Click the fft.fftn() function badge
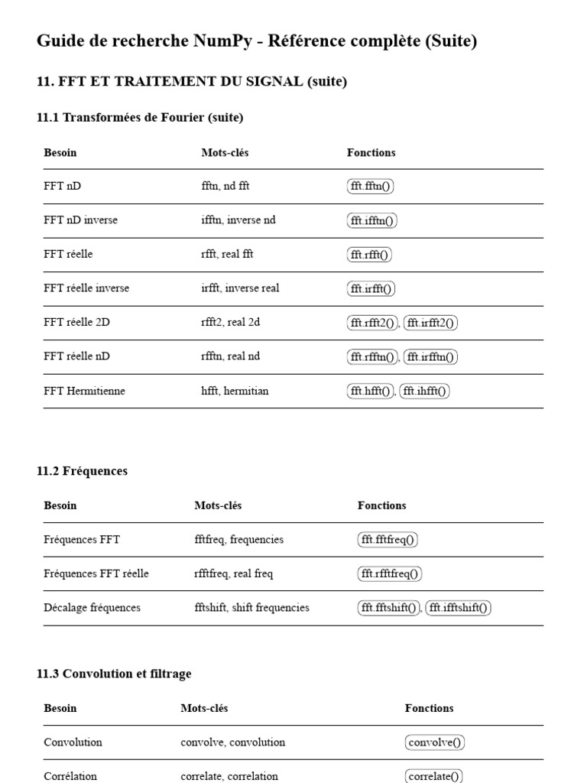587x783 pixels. tap(370, 186)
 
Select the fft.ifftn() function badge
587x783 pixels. tap(372, 220)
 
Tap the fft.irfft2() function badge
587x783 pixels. tap(430, 323)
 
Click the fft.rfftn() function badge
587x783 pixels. tap(373, 356)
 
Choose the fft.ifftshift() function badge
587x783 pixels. tap(459, 608)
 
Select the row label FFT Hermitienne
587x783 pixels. tap(84, 391)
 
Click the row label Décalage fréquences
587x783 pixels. tap(92, 608)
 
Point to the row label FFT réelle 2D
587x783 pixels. tap(76, 323)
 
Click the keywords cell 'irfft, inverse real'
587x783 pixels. tap(240, 288)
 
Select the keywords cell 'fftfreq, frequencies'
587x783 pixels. tap(238, 540)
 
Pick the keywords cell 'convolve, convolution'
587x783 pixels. tap(232, 742)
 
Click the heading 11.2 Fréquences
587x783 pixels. tap(82, 471)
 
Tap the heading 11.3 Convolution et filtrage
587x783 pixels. tap(114, 674)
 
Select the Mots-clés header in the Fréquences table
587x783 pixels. tap(218, 505)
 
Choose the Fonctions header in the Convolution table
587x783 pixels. tap(429, 708)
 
